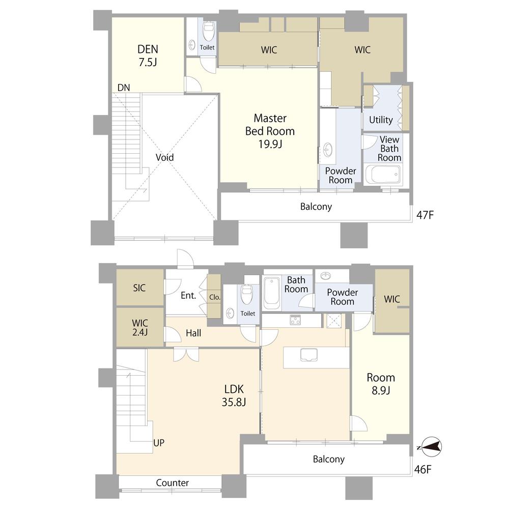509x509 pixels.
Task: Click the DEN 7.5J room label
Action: [148, 55]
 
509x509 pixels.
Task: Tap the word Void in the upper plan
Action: [164, 157]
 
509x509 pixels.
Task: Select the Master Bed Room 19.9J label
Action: [270, 131]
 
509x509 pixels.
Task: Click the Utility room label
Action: [381, 120]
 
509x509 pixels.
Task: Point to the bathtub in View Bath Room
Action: [383, 175]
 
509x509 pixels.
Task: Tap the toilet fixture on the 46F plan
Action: [247, 294]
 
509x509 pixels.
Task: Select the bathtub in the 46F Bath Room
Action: [272, 294]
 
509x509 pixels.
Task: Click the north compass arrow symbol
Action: [431, 447]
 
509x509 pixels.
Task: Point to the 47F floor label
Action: [425, 215]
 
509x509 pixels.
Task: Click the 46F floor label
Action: [422, 469]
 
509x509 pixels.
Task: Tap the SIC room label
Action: [139, 288]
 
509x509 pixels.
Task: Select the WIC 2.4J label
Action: [140, 327]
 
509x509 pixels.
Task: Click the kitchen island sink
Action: [309, 355]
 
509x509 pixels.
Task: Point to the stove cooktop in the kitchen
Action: [295, 320]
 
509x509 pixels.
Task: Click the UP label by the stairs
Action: [159, 443]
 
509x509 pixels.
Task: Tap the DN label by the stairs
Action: [124, 88]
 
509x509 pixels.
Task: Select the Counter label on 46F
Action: [173, 483]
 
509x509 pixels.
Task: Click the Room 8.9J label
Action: [381, 384]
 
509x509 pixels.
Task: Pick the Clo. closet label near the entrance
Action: [215, 297]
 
